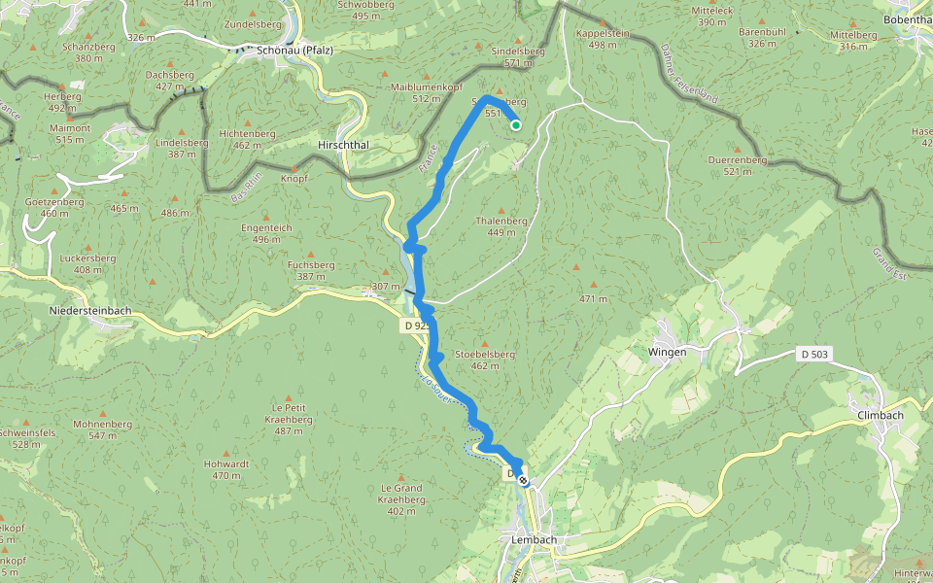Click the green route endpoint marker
(x=516, y=124)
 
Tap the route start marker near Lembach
(x=523, y=479)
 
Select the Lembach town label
(x=532, y=539)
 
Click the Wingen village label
(x=668, y=352)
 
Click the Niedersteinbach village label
(x=89, y=311)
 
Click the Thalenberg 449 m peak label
(x=501, y=226)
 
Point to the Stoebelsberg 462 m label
(x=484, y=360)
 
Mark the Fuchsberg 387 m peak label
(x=311, y=270)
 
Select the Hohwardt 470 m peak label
(x=226, y=469)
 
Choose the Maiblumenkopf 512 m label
(x=426, y=92)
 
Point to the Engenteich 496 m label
(x=266, y=233)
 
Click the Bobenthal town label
(x=907, y=18)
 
